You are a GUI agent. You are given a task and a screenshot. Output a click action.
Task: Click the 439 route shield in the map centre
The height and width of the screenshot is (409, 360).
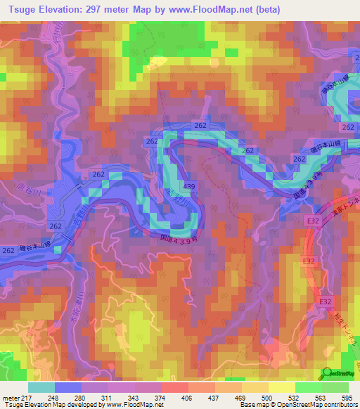point(188,186)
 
